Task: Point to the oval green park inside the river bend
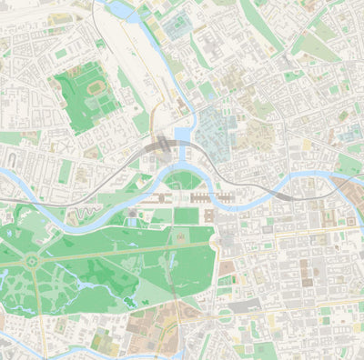[185, 180]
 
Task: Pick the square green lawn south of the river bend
[186, 215]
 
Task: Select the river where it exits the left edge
[4, 171]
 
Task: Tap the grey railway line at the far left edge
[5, 198]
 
